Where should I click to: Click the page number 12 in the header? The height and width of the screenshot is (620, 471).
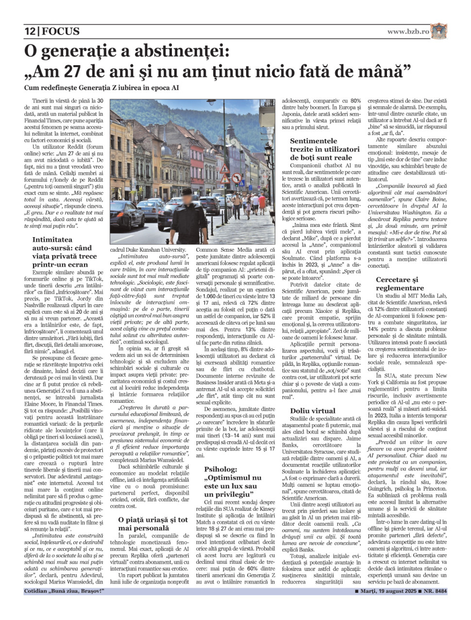30,32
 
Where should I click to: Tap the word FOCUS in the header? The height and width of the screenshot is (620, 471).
61,32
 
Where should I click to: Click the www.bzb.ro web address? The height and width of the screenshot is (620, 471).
408,31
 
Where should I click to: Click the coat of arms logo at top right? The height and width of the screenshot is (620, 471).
438,31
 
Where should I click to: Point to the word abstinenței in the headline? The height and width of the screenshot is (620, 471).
171,51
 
